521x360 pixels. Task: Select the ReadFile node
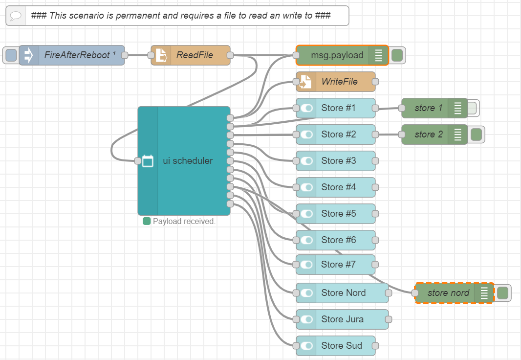point(195,55)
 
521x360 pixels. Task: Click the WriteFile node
point(339,82)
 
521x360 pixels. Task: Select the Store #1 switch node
point(338,108)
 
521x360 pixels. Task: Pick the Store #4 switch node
point(338,187)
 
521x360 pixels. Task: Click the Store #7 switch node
point(338,265)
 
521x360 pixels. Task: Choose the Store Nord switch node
point(343,293)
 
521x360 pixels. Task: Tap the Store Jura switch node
point(342,319)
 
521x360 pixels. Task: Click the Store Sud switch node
point(342,346)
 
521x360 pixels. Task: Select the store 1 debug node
point(425,108)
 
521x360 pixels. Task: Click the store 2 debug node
point(425,135)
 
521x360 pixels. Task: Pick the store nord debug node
point(448,293)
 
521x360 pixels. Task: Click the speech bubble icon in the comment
point(16,16)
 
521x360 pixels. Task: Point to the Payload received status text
point(184,222)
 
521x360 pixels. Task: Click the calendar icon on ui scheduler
point(148,161)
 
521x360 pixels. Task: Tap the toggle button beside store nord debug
point(503,293)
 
